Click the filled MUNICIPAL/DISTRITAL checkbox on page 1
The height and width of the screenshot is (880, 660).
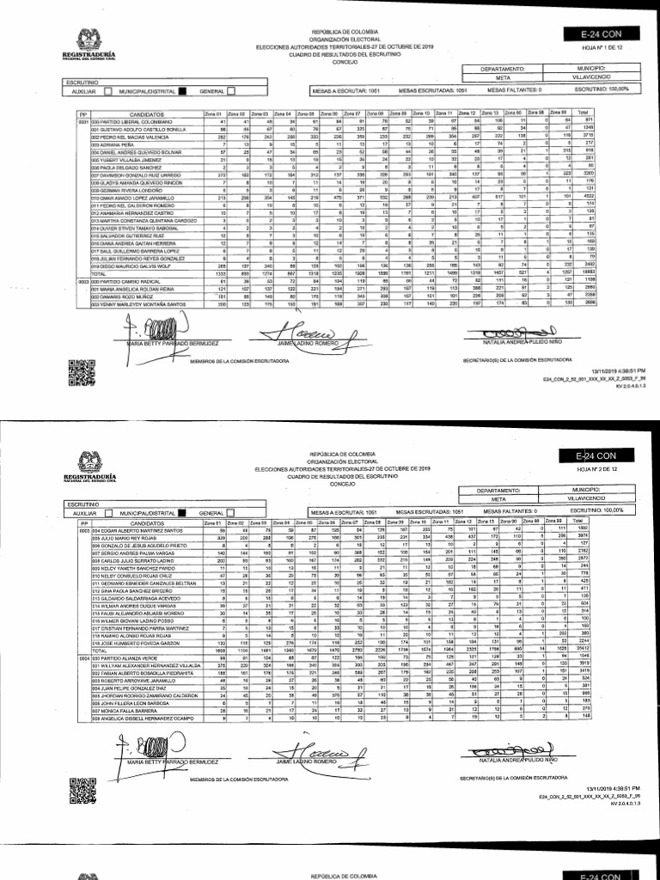pyautogui.click(x=182, y=90)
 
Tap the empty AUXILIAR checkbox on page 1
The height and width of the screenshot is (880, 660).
pyautogui.click(x=107, y=90)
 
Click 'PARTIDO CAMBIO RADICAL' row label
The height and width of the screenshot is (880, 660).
pyautogui.click(x=128, y=280)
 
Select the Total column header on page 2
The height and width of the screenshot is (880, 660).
pyautogui.click(x=584, y=522)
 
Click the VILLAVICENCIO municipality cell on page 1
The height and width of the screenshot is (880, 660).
pyautogui.click(x=591, y=75)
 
